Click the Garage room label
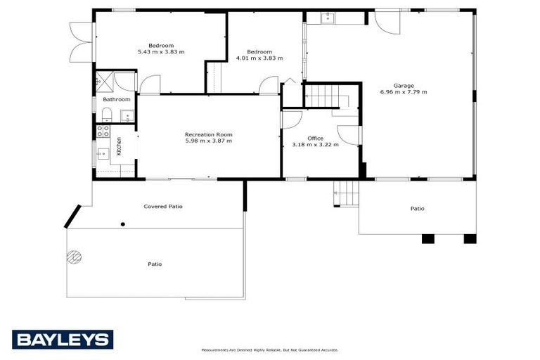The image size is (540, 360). [404, 85]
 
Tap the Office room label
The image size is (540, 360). [316, 139]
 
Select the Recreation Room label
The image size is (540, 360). [209, 134]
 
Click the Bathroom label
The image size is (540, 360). [116, 99]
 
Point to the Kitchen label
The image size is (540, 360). [120, 146]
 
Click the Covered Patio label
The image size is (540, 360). [163, 207]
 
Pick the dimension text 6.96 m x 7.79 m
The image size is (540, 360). [404, 92]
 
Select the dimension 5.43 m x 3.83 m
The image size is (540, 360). [161, 52]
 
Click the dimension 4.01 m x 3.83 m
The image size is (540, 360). [259, 58]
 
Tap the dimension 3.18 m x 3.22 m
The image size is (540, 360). [316, 145]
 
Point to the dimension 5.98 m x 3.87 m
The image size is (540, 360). [209, 141]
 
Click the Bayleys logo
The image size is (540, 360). [62, 340]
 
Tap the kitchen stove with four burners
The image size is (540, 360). [103, 130]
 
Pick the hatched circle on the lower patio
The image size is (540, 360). [75, 257]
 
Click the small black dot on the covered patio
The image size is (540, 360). [123, 224]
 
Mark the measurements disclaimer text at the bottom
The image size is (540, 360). [270, 349]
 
